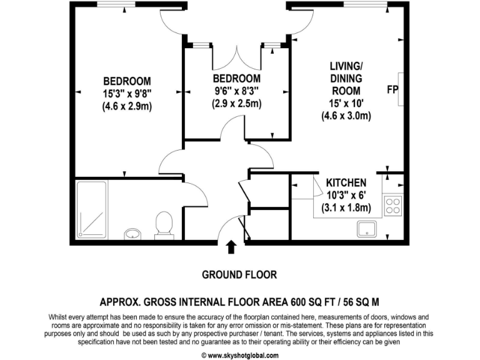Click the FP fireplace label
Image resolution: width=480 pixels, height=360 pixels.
[392, 89]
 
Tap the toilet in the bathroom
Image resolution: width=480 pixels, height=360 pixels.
[164, 224]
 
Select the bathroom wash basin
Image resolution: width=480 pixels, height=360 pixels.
[132, 234]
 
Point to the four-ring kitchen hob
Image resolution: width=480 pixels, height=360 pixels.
[393, 205]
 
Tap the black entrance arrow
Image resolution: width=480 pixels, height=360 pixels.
[231, 247]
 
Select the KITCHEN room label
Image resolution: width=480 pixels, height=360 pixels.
[346, 182]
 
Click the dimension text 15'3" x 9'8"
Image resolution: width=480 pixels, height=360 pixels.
[127, 93]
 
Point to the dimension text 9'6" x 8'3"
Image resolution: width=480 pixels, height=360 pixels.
[236, 91]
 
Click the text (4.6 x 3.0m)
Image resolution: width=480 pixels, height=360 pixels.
[346, 116]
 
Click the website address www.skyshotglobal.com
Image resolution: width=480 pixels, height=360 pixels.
[239, 354]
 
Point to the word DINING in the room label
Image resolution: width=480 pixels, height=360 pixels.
[346, 78]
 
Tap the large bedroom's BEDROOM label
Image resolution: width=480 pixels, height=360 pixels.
[127, 81]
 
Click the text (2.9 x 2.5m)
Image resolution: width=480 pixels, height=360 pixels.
[236, 104]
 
